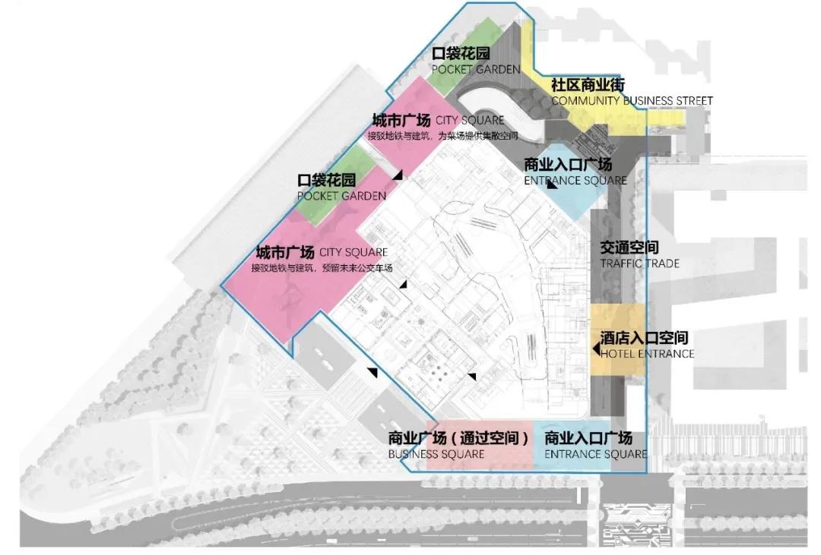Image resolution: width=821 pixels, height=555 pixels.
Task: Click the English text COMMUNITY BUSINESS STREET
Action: (x=632, y=100)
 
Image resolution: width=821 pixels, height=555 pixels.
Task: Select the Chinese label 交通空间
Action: (x=629, y=248)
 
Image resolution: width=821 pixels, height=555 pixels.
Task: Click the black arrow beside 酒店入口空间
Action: (x=596, y=348)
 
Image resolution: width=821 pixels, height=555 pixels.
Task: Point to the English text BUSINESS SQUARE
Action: (x=436, y=454)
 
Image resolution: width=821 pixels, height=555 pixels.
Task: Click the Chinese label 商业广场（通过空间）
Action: (x=458, y=439)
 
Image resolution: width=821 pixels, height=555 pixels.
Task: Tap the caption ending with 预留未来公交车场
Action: (x=322, y=267)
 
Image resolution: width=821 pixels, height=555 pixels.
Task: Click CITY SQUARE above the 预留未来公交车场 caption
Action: (x=353, y=253)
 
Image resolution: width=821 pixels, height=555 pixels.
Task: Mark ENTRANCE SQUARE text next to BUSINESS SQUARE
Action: (x=595, y=454)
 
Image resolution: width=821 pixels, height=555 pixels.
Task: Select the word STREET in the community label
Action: (x=693, y=100)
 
